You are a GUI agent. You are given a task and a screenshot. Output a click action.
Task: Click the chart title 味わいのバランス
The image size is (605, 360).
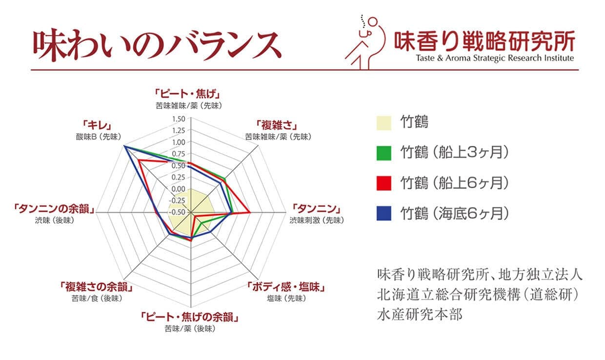click(x=157, y=45)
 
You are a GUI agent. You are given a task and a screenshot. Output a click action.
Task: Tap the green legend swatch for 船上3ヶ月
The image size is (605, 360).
click(x=384, y=153)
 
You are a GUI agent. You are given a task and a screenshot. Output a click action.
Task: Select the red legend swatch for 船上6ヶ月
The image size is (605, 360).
click(x=384, y=183)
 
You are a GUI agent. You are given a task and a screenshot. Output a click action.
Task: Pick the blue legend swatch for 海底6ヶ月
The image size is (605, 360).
click(x=384, y=214)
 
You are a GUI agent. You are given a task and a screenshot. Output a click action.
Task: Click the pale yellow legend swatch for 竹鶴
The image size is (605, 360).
click(x=384, y=123)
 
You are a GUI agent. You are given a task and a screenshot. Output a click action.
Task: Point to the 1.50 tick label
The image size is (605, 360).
click(x=179, y=119)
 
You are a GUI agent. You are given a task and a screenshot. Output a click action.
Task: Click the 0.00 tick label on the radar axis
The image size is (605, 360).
click(x=178, y=189)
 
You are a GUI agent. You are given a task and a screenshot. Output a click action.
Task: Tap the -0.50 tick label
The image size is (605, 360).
click(x=177, y=212)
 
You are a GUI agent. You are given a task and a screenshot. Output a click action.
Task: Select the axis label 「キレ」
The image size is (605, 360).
click(x=97, y=125)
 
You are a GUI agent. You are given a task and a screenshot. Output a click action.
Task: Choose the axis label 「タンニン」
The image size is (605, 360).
click(x=317, y=209)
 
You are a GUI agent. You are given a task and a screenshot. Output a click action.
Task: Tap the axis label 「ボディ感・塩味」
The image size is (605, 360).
click(x=286, y=287)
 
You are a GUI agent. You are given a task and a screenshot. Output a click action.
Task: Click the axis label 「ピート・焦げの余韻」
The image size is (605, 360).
click(x=190, y=317)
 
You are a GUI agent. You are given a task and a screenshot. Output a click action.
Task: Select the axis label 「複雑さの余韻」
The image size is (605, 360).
click(x=97, y=287)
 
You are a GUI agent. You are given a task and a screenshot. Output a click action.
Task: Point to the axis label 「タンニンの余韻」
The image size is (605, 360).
click(x=54, y=209)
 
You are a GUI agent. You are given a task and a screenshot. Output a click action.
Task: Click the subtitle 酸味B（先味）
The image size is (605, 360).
click(x=99, y=137)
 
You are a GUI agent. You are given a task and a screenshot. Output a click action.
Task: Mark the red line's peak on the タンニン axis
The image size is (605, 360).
click(x=250, y=213)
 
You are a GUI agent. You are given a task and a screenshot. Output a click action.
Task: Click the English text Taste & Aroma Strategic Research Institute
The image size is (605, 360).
click(x=495, y=58)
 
